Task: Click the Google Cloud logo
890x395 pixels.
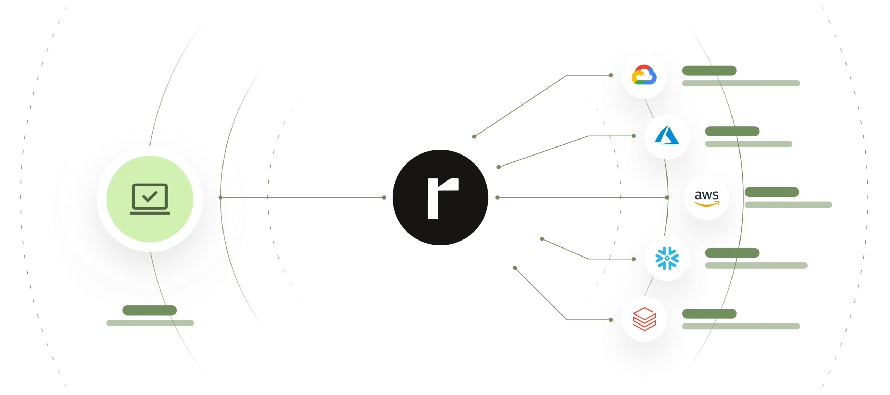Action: pos(644,75)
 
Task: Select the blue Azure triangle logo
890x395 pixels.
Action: pos(667,136)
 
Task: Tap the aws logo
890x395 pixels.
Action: pos(706,197)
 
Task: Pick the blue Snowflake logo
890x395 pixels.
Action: pos(667,258)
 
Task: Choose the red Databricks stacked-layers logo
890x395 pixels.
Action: pos(644,319)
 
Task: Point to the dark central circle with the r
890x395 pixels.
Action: pos(441,197)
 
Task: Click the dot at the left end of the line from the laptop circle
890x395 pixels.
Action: pos(221,197)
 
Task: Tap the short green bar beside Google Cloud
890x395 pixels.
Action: pos(709,70)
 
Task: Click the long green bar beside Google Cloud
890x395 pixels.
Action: pos(741,83)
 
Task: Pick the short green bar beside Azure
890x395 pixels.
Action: pos(733,131)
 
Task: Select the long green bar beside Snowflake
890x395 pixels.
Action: pos(757,266)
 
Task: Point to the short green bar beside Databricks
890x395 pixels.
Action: pos(709,314)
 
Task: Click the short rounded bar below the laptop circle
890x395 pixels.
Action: pos(150,311)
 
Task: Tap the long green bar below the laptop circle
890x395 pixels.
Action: pos(150,323)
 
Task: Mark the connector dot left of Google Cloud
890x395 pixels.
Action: pos(611,75)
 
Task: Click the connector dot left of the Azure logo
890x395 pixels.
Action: pos(633,136)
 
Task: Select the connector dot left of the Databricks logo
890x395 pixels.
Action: pos(611,320)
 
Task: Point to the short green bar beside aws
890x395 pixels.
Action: pos(772,192)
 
